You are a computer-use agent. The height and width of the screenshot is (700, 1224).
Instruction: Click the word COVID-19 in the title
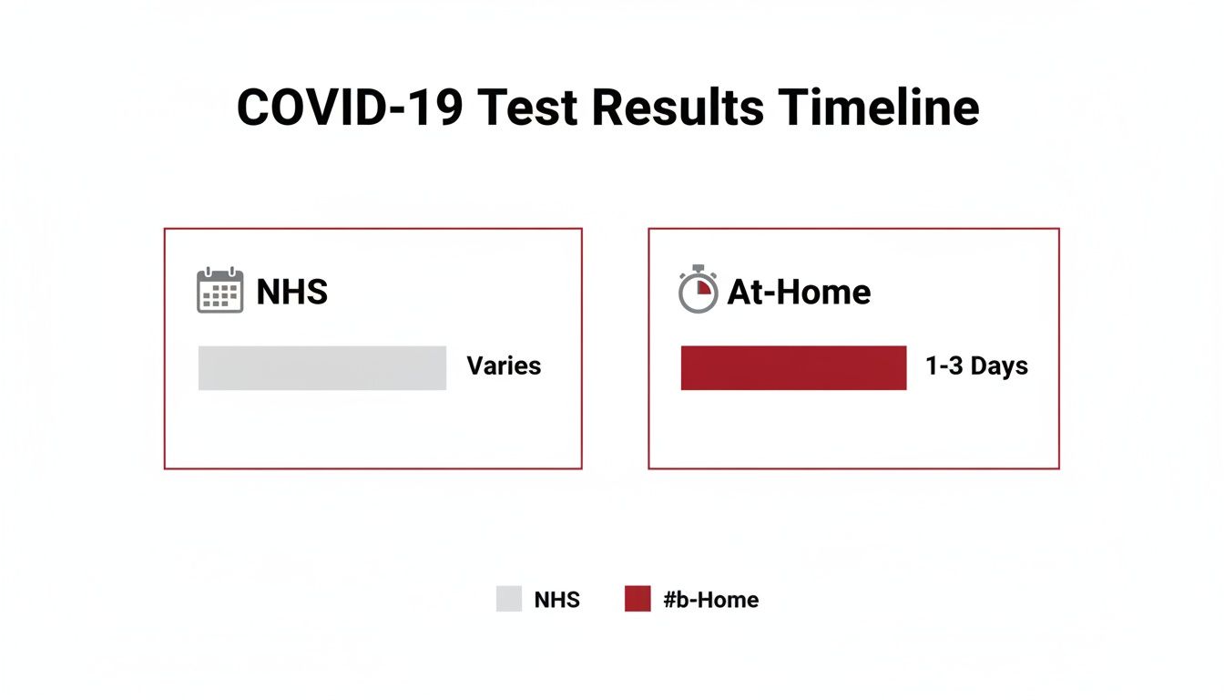[x=350, y=108]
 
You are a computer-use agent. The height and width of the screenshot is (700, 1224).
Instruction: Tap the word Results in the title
[x=678, y=108]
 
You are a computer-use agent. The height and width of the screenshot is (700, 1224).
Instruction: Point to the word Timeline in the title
[x=879, y=108]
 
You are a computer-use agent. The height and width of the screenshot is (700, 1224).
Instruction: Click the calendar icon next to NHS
[x=220, y=291]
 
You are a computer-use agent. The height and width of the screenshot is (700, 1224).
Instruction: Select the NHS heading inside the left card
[x=291, y=292]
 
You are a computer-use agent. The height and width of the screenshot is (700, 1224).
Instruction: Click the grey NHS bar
[x=322, y=368]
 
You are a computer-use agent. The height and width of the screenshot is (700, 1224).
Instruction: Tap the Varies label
[x=504, y=366]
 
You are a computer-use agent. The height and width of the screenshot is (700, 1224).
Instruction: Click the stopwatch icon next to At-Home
[x=699, y=291]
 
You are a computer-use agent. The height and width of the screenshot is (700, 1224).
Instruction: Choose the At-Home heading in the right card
[x=799, y=292]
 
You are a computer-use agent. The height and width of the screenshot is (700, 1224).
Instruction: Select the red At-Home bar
[x=793, y=368]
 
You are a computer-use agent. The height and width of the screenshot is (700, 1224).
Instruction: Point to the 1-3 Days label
[x=976, y=366]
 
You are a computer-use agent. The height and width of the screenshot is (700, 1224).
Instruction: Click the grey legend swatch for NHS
[x=509, y=599]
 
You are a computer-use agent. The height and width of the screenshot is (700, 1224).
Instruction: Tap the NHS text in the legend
[x=556, y=600]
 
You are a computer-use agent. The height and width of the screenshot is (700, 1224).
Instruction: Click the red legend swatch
[x=637, y=599]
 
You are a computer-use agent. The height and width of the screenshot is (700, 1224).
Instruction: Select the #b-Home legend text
[x=710, y=600]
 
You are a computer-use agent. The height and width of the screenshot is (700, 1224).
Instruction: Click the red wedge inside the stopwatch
[x=703, y=287]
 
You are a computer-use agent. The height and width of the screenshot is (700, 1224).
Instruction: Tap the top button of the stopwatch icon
[x=699, y=268]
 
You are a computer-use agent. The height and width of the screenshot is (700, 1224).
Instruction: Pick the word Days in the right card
[x=999, y=366]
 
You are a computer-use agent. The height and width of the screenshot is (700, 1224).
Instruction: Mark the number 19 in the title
[x=437, y=108]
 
